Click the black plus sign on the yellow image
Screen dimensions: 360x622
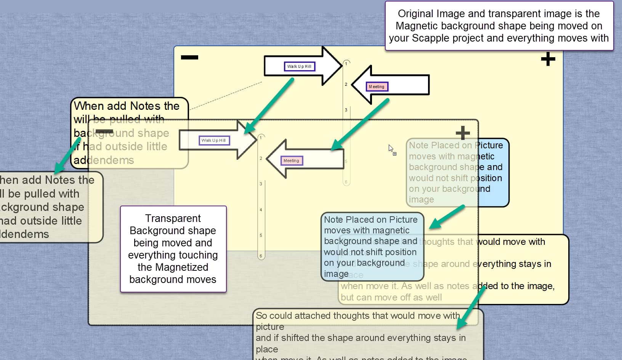(548, 59)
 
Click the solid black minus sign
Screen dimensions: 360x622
(189, 58)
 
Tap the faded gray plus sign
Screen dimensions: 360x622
(463, 133)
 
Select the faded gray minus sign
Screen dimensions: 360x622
(104, 132)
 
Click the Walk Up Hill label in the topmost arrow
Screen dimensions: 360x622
(299, 66)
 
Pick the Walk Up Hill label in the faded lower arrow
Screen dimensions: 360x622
(214, 140)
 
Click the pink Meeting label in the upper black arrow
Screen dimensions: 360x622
(377, 87)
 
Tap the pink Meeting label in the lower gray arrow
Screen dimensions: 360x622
(291, 161)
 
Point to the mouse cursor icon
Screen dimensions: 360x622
(391, 148)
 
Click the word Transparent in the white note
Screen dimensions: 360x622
(173, 218)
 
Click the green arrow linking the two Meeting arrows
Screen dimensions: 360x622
(360, 124)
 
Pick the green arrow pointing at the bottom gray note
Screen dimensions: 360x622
(471, 307)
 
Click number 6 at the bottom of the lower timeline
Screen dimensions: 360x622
(261, 256)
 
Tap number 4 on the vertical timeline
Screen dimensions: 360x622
(261, 210)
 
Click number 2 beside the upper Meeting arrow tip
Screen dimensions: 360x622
(346, 84)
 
